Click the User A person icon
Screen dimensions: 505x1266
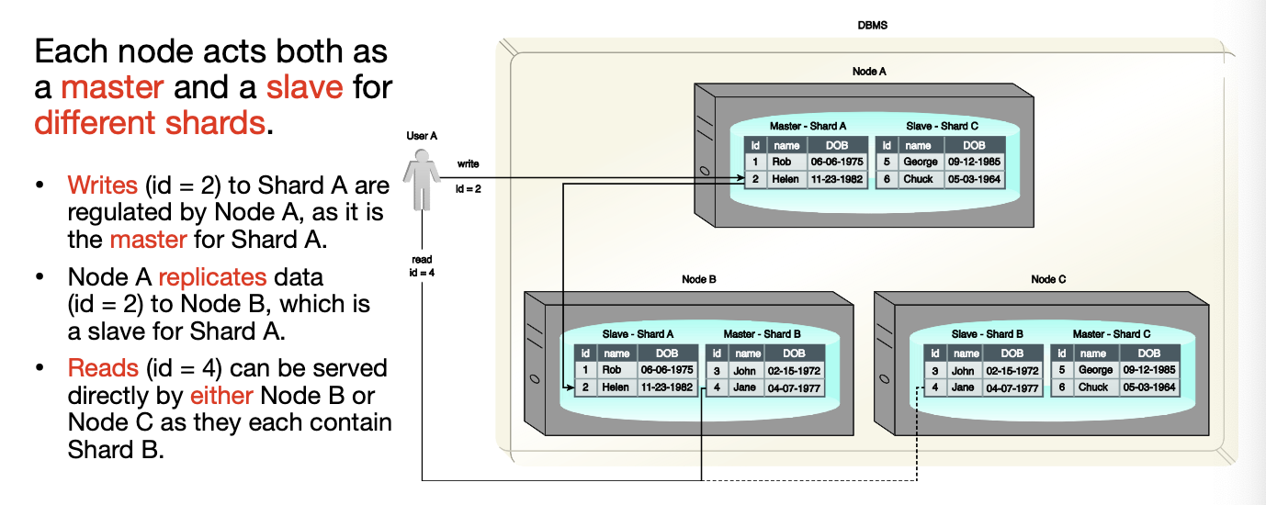422,180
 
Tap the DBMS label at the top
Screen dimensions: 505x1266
872,26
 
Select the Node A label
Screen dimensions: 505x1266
869,71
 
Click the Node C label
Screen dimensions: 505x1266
1048,279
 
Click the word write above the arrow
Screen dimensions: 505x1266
468,164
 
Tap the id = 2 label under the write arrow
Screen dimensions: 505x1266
468,189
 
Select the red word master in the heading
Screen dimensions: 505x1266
112,87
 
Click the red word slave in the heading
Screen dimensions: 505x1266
304,87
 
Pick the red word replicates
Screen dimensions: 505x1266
212,276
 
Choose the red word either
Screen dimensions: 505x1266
221,397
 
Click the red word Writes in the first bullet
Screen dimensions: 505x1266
102,185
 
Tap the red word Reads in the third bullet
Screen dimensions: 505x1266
101,368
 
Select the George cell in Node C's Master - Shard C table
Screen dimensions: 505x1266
1095,370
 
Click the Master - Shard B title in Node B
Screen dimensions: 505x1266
762,334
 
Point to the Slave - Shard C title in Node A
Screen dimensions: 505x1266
942,126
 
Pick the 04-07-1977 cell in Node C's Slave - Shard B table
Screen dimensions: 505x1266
1012,387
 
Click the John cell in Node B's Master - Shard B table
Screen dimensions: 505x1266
745,370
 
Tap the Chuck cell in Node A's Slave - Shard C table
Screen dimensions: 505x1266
919,179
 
